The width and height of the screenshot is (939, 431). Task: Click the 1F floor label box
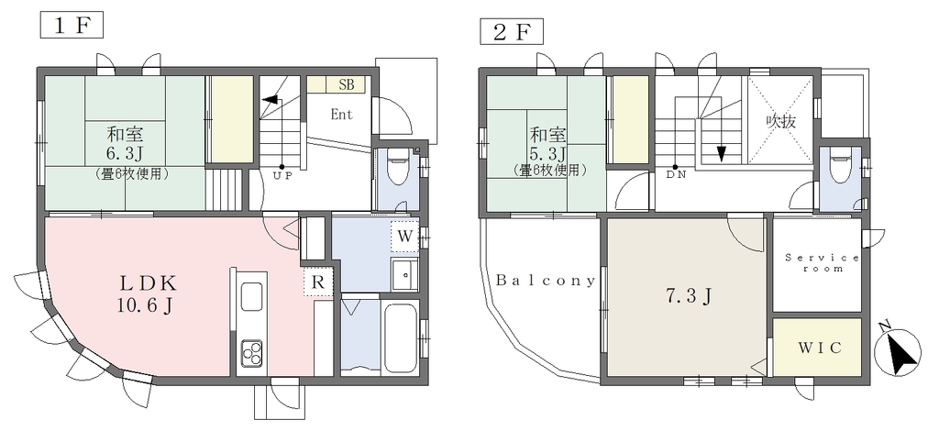click(72, 26)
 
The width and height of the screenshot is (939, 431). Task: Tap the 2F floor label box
click(512, 32)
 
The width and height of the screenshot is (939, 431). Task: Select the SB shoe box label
click(346, 84)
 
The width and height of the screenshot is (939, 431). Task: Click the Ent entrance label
click(341, 115)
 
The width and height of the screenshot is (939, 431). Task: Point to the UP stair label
click(282, 176)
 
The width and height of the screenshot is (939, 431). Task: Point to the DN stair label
click(675, 176)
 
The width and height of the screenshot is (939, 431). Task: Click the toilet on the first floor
click(396, 168)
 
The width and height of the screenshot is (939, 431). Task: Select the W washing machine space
click(405, 237)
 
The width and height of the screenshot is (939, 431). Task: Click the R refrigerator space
click(318, 282)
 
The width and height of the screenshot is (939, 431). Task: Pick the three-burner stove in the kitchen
click(251, 353)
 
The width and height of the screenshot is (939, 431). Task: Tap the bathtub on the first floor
click(401, 337)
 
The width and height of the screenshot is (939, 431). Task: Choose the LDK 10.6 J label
click(147, 294)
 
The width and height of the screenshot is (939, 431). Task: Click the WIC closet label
click(819, 348)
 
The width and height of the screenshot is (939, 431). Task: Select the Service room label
click(823, 263)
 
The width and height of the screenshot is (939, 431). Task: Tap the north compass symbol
click(897, 351)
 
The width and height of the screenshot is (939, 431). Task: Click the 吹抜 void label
click(781, 122)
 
